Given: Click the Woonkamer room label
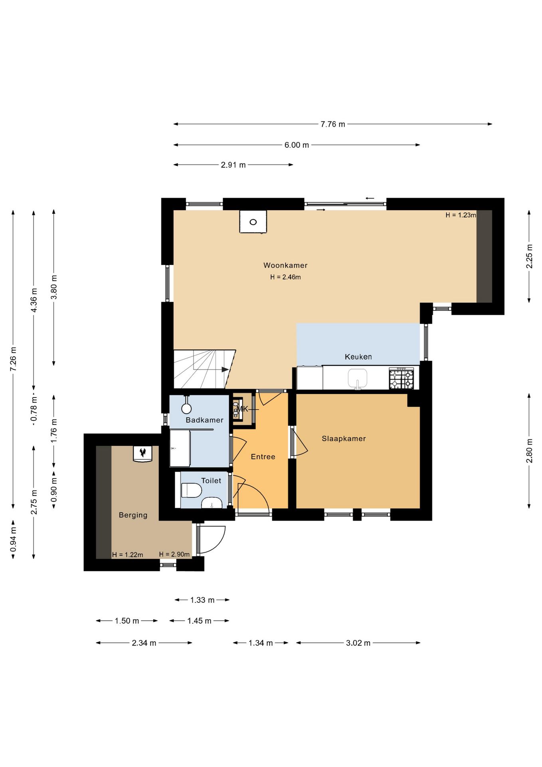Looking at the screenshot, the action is tap(285, 265).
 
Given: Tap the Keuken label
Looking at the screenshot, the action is tap(358, 357).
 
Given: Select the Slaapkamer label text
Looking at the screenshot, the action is tap(344, 439).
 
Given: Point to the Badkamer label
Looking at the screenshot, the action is tap(205, 420).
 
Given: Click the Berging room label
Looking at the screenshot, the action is tap(133, 515).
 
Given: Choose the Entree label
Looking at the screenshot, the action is tap(263, 457).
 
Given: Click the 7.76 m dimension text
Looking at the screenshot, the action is tap(333, 124).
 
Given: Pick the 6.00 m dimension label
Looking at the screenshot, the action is tap(297, 145).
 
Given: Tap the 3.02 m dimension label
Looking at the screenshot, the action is tap(358, 643).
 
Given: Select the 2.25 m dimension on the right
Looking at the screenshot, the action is tap(529, 256).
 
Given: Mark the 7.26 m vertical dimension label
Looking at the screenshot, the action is tap(13, 359).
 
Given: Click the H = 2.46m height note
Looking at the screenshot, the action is tap(285, 277).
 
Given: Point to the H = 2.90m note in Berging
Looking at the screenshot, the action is tap(174, 554).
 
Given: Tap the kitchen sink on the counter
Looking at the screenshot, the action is tap(357, 378).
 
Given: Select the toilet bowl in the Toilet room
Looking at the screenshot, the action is tap(191, 490).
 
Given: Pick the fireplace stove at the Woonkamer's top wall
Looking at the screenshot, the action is tap(253, 221).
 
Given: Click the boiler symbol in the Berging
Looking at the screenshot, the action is tap(142, 454).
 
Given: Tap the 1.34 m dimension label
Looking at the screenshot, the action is tap(261, 643).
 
